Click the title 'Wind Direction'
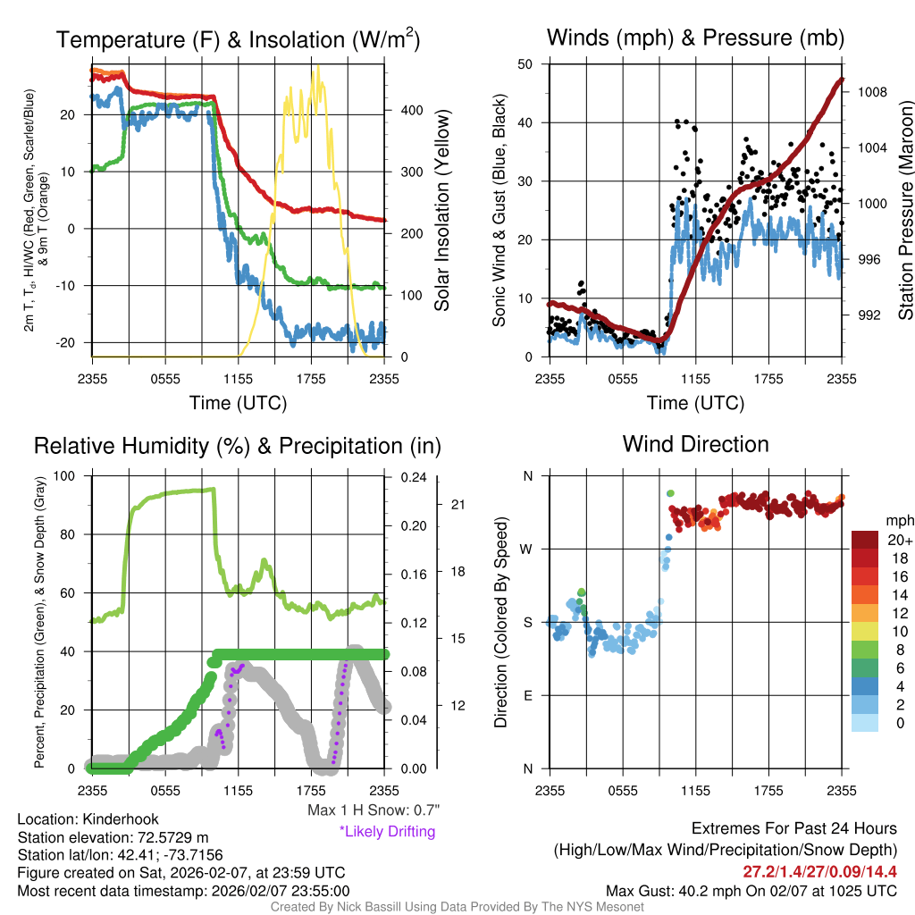[695, 444]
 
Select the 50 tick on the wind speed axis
[525, 63]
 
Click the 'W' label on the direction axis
[527, 549]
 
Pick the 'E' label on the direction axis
[528, 695]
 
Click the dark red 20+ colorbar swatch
[866, 540]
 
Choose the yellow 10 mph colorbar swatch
[866, 630]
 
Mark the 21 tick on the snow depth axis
[459, 504]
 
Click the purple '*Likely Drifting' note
[387, 831]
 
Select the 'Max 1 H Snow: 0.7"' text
[374, 810]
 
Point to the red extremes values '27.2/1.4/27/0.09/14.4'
[819, 871]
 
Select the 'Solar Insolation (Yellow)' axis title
[441, 211]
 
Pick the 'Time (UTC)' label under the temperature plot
[238, 403]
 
